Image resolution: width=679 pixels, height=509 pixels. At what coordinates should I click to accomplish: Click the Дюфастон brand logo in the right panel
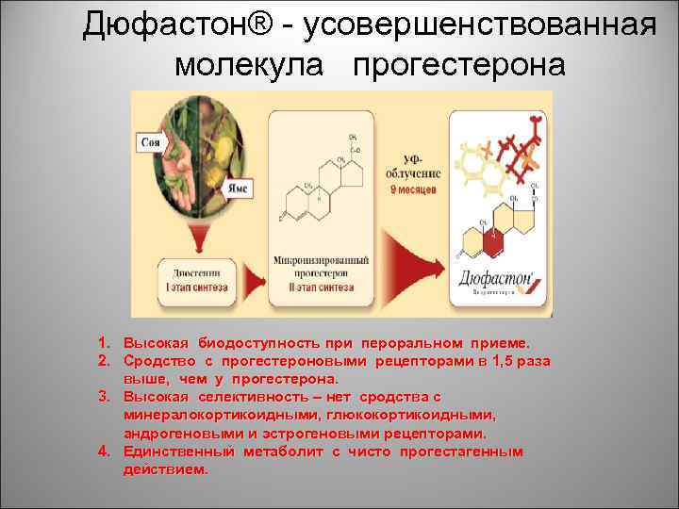pyautogui.click(x=500, y=280)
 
